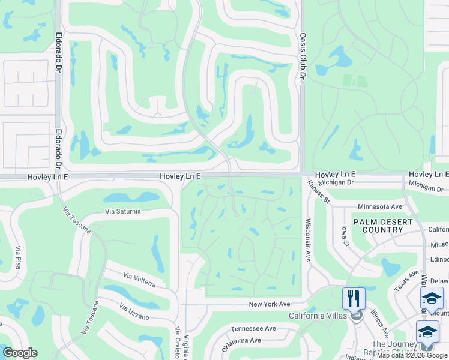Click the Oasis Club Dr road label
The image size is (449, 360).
(303, 56)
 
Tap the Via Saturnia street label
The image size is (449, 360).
(123, 211)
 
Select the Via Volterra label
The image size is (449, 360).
(140, 279)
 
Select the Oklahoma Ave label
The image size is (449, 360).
(241, 344)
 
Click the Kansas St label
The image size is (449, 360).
(319, 193)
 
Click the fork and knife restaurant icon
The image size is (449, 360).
(354, 298)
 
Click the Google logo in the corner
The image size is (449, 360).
(20, 353)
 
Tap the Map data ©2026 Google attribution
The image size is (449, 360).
(412, 356)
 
